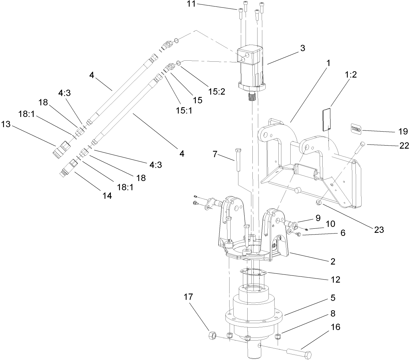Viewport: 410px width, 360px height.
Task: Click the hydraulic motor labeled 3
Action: [251, 68]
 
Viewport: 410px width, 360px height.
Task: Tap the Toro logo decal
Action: [356, 128]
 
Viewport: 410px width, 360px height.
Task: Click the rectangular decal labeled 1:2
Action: [327, 119]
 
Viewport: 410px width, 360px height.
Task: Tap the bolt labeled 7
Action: [238, 160]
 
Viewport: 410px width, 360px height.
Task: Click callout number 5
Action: [333, 298]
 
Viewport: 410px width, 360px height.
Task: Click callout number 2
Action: [333, 261]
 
